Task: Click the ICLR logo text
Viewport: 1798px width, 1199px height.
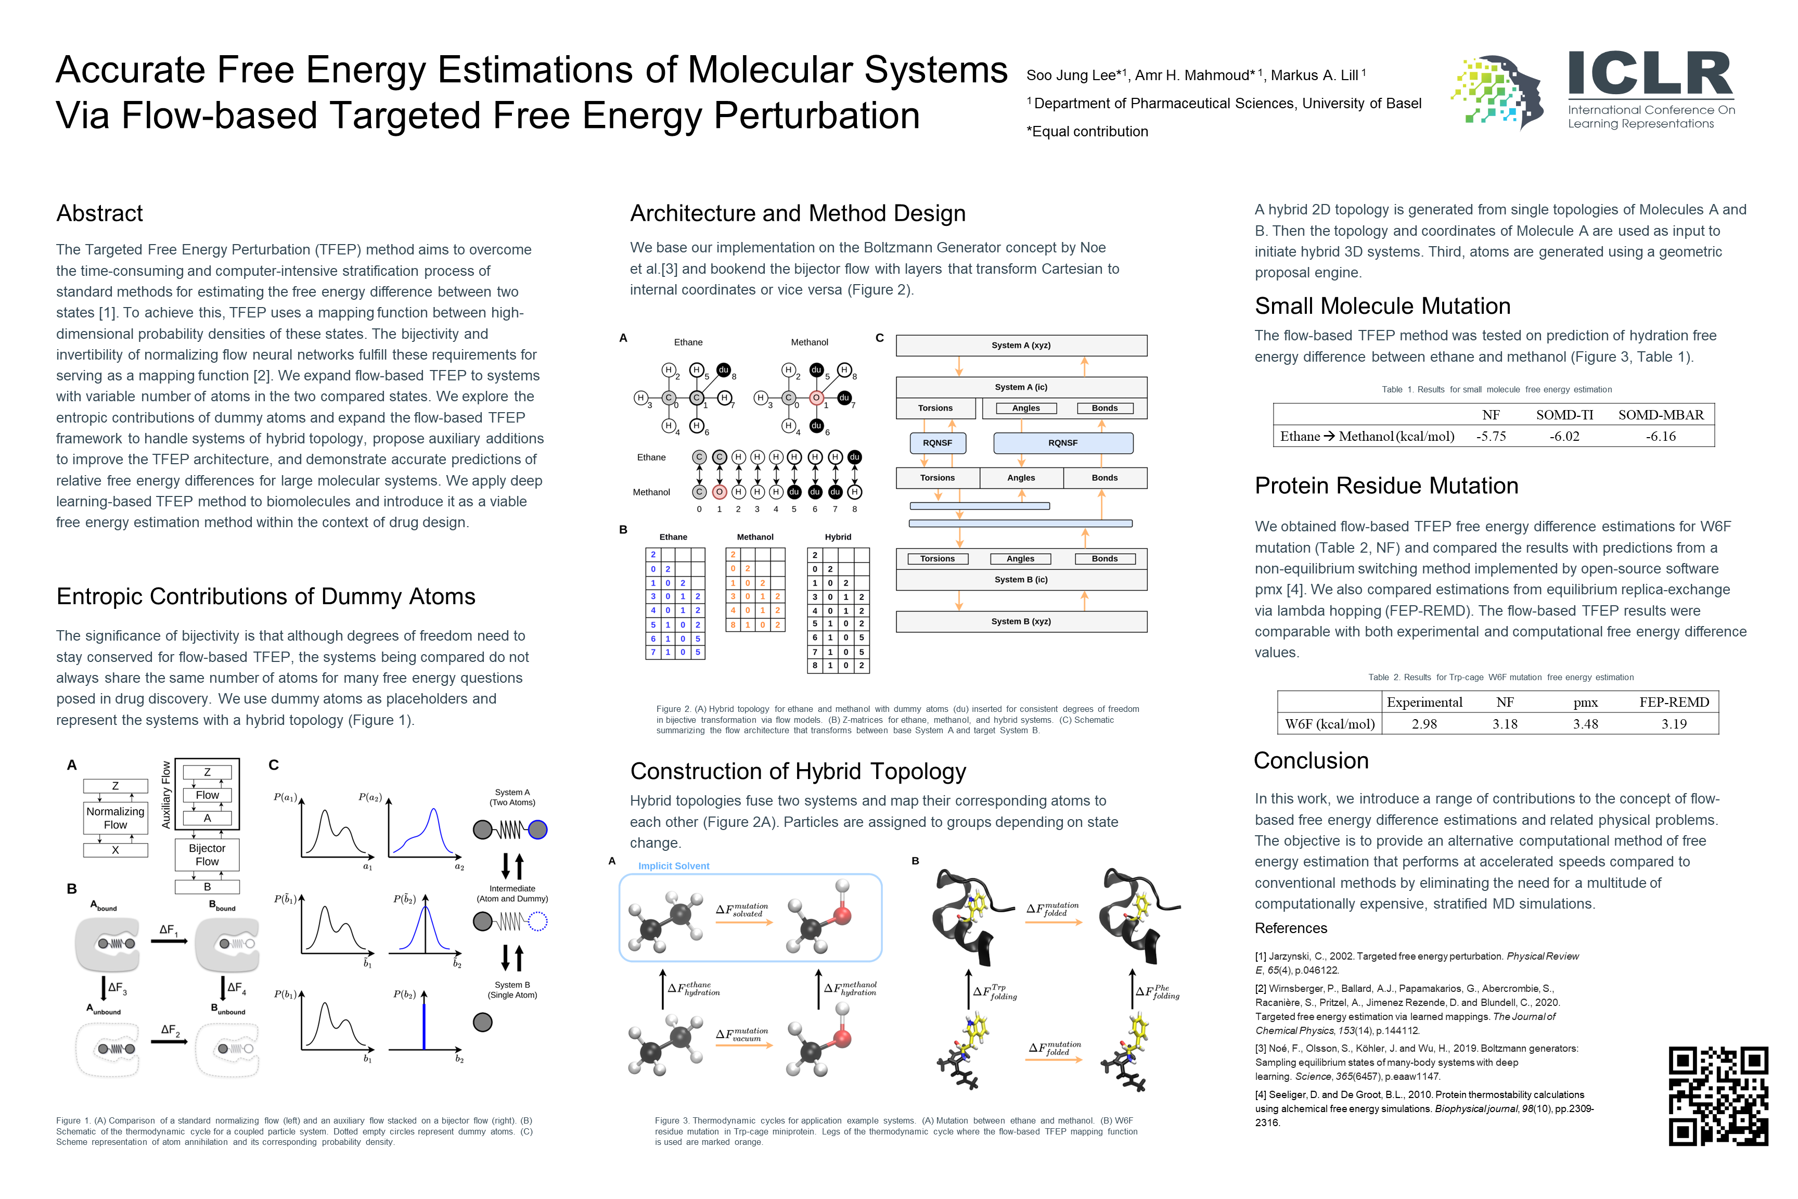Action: pyautogui.click(x=1650, y=74)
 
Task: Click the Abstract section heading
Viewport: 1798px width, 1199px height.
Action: pyautogui.click(x=99, y=213)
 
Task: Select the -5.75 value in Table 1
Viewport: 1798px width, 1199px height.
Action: pyautogui.click(x=1490, y=437)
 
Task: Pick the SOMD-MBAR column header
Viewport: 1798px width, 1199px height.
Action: pyautogui.click(x=1661, y=415)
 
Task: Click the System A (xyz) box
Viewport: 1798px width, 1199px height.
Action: pyautogui.click(x=1021, y=346)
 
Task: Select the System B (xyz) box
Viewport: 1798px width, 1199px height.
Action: pyautogui.click(x=1021, y=622)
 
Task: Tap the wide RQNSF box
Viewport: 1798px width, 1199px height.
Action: pyautogui.click(x=1062, y=443)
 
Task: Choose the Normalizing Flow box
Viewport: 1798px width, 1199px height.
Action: pyautogui.click(x=115, y=818)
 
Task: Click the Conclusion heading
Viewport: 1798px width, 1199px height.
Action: pyautogui.click(x=1311, y=761)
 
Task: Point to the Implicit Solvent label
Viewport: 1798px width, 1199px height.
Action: pyautogui.click(x=674, y=866)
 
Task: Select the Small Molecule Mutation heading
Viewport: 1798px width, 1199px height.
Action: pyautogui.click(x=1382, y=306)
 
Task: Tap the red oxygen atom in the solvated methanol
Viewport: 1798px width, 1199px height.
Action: pyautogui.click(x=842, y=914)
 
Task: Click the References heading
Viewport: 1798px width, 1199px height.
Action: pyautogui.click(x=1290, y=928)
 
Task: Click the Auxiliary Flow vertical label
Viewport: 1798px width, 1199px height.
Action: pyautogui.click(x=166, y=795)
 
